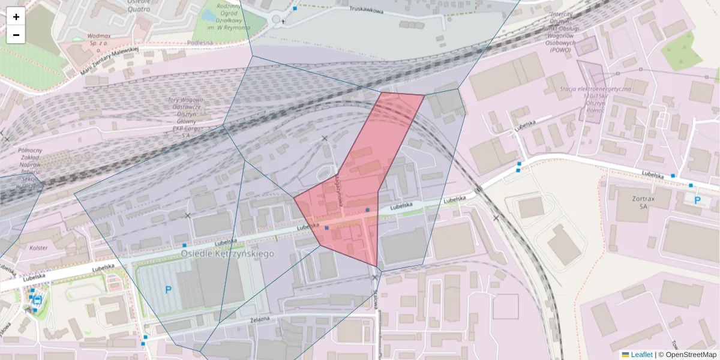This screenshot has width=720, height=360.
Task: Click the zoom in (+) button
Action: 16,17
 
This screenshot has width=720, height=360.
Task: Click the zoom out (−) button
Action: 16,35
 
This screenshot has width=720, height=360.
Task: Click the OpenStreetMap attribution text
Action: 691,355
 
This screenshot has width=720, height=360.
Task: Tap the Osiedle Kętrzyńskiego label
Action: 227,254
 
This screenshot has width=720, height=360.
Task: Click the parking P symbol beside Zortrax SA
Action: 697,200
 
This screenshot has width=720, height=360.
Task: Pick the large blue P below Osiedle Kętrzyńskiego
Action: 169,290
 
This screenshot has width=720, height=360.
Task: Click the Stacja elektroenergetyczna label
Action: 595,96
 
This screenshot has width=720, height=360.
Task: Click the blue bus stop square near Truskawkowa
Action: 295,8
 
